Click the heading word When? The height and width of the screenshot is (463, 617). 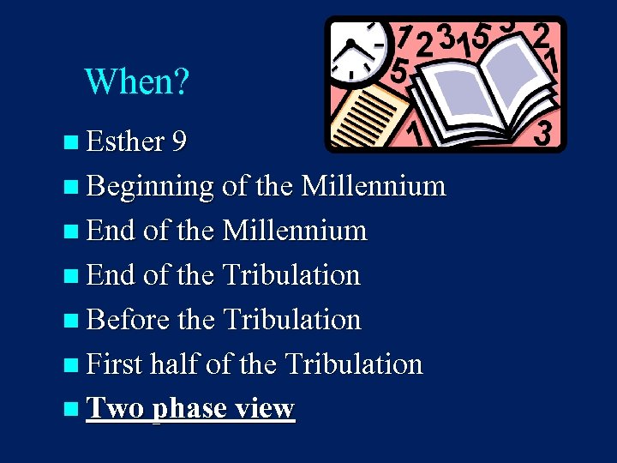[137, 82]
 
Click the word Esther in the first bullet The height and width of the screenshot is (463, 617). [125, 141]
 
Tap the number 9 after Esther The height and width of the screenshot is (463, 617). [180, 141]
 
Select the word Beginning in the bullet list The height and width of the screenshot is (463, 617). [150, 186]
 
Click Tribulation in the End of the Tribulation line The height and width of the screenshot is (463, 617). [291, 274]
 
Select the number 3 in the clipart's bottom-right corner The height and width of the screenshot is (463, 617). [543, 133]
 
